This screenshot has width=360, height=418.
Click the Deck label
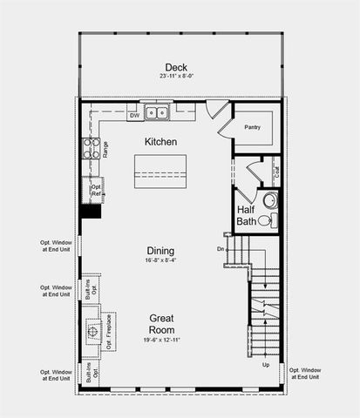[x=177, y=67]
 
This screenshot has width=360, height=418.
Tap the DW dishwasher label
[x=134, y=115]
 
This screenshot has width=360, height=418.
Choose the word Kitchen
[x=161, y=141]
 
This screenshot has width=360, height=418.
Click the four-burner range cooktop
[x=91, y=148]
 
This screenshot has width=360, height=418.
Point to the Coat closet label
[x=275, y=171]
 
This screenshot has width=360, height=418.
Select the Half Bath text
[x=248, y=216]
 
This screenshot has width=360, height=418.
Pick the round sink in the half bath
[x=270, y=200]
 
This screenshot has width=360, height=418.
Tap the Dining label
[x=161, y=249]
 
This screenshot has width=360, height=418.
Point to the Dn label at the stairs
[x=222, y=250]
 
